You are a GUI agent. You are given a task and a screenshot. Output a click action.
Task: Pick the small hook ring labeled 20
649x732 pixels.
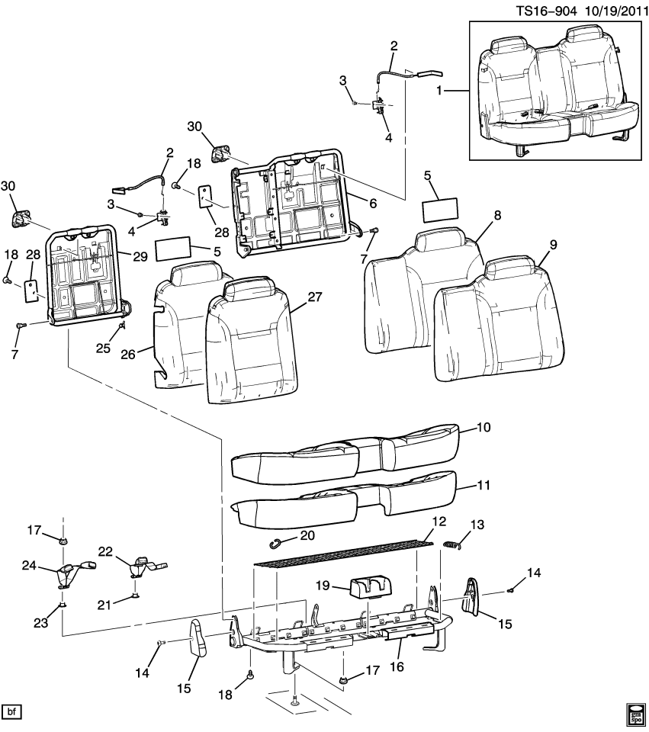(278, 542)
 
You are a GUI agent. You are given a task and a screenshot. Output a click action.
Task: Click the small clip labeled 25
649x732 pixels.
(121, 328)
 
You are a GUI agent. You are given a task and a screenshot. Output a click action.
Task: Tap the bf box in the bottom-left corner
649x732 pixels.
(11, 712)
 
